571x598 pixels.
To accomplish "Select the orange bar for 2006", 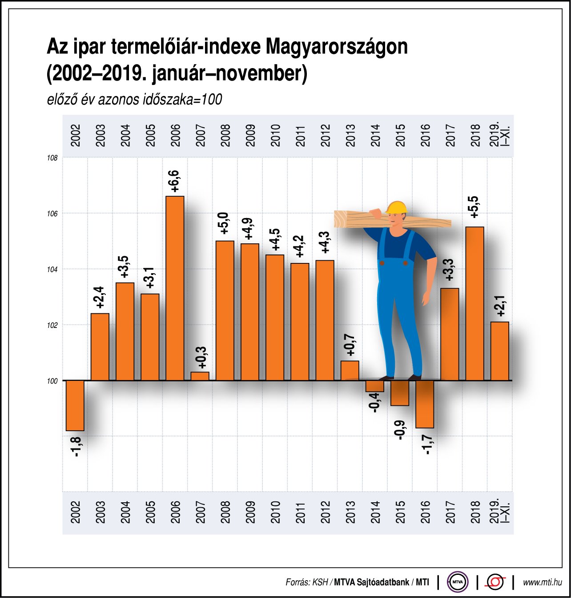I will coord(175,288).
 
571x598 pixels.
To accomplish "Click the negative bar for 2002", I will coord(75,405).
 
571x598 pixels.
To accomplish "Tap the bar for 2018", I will coord(474,303).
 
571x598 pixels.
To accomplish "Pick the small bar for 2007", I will coord(200,376).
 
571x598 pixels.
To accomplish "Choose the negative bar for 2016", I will coord(425,404).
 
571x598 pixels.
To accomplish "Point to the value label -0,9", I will coord(400,430).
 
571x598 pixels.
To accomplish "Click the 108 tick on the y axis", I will coord(52,158).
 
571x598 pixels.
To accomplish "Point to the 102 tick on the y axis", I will coord(52,325).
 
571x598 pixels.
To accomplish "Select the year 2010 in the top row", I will coord(275,135).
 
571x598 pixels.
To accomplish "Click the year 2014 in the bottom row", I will coord(375,512).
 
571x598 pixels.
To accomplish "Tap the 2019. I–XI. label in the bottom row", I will coord(500,511).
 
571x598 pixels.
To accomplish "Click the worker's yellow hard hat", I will coord(397,207).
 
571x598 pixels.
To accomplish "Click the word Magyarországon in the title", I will coord(337,47).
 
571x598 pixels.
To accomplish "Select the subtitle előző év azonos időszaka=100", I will coord(134,99).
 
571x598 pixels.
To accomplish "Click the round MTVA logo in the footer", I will coord(458,582).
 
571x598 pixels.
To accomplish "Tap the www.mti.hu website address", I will coord(542,582).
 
